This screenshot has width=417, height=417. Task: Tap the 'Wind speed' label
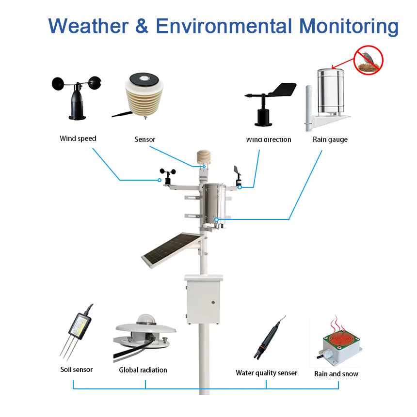(78, 139)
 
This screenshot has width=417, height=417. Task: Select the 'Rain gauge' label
(330, 139)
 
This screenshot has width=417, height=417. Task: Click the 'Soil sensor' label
(77, 370)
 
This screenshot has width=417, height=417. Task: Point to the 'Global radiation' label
(143, 370)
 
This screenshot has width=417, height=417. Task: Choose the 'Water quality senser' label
(266, 373)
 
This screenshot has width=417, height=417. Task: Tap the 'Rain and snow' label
(336, 374)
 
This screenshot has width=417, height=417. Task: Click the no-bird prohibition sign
(369, 60)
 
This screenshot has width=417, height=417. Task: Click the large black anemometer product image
(77, 96)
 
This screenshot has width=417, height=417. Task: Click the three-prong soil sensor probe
(75, 334)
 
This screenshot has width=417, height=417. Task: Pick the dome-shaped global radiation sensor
(144, 334)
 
